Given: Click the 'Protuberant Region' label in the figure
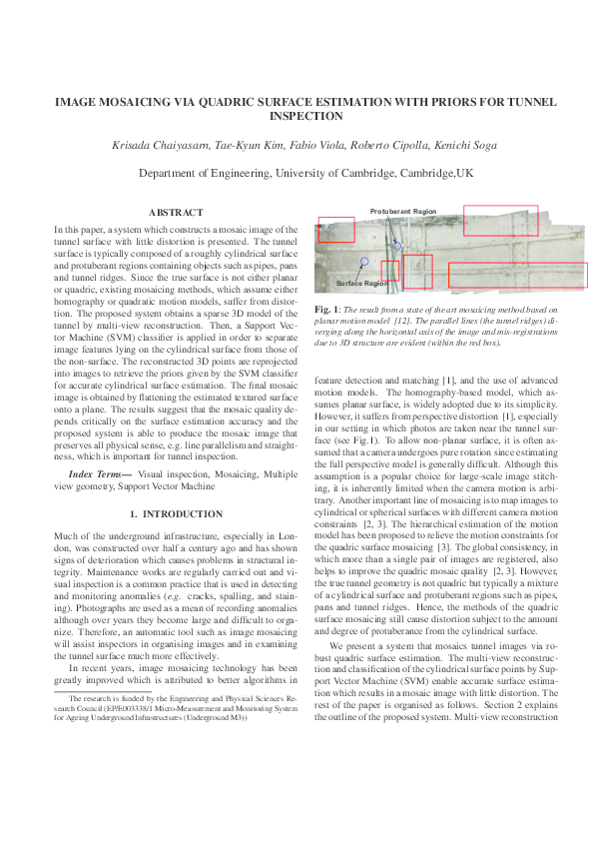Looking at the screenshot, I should [403, 212].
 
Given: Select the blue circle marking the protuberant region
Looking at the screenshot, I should [396, 245].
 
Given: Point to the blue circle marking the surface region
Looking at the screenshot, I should [365, 261].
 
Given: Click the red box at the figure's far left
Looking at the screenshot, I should [336, 230].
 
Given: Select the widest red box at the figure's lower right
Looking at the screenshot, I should [517, 276].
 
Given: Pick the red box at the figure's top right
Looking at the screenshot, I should [500, 221].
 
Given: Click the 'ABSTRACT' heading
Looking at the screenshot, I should [175, 213].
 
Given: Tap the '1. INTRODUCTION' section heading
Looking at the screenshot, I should [176, 513].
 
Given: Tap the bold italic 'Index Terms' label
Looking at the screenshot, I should [99, 471].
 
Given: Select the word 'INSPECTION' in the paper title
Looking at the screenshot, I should [297, 116].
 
